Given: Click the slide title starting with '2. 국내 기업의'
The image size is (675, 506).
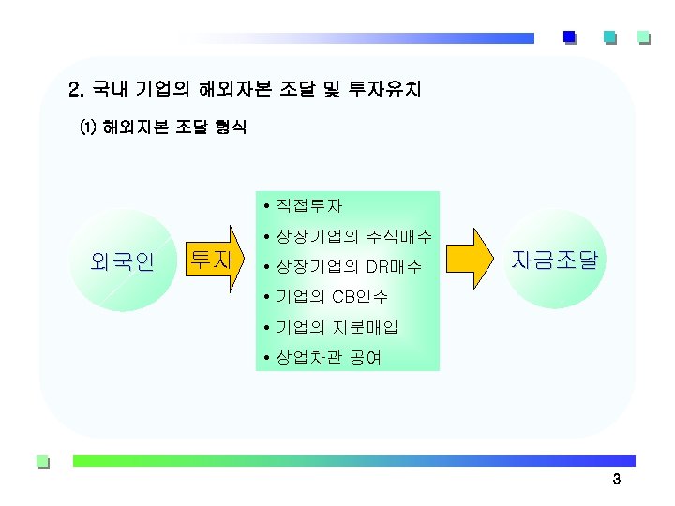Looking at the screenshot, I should click(x=246, y=90).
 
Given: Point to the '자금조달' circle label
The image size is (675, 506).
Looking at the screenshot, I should click(x=553, y=260).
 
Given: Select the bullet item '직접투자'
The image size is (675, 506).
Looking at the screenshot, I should click(x=309, y=205).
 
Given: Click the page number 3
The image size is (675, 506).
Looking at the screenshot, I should click(x=616, y=481).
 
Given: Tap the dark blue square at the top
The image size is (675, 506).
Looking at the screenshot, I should click(x=569, y=37).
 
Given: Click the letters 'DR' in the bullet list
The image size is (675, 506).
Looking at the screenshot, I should click(x=378, y=267).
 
